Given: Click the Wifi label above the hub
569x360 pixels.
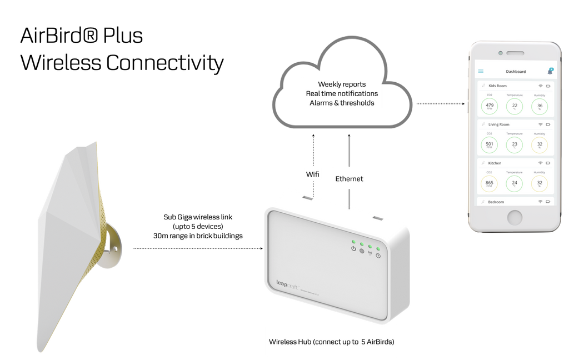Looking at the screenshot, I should [x=313, y=174].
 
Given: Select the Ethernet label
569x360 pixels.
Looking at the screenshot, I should [x=349, y=179].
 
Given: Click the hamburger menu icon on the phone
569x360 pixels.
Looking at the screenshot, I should [x=481, y=71].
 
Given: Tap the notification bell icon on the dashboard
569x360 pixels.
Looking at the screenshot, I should [x=550, y=71].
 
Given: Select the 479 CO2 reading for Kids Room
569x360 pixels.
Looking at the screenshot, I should [x=490, y=106].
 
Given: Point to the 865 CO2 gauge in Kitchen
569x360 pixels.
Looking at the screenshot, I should [x=490, y=183].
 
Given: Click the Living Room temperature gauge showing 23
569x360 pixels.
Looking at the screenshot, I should [x=515, y=144].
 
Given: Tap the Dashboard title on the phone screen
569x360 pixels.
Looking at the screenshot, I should [x=516, y=72].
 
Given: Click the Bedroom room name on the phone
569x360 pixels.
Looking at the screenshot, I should [x=496, y=202].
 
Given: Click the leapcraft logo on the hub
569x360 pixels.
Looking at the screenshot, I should [x=287, y=283].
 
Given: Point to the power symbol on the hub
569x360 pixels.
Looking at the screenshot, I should [x=353, y=248].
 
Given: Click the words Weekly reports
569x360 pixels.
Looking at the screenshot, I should [x=342, y=84].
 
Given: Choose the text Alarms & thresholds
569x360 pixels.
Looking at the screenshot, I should [x=342, y=103].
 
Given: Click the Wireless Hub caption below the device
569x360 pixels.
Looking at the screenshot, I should [x=331, y=341].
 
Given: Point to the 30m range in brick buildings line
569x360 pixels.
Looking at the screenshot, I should [x=198, y=236].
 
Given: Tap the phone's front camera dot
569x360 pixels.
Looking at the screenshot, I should [x=500, y=53].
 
